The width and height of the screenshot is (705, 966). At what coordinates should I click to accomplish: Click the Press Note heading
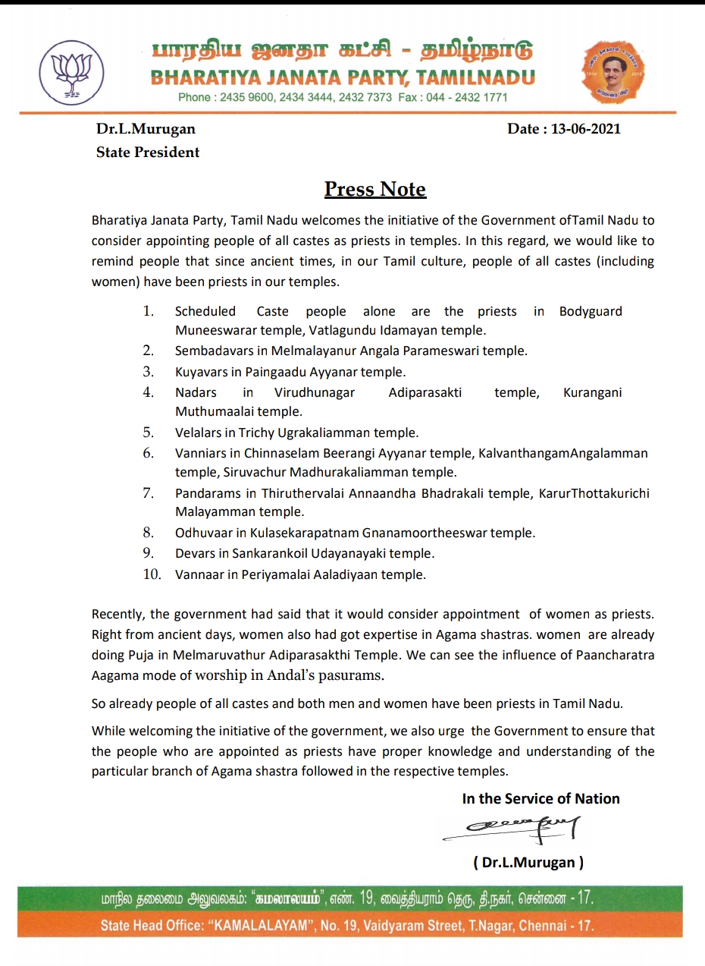tap(375, 189)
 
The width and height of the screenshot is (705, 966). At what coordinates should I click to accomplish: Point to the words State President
tap(147, 152)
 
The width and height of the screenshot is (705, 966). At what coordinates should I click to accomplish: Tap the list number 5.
tap(149, 433)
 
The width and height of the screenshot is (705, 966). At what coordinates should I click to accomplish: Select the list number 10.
tap(152, 574)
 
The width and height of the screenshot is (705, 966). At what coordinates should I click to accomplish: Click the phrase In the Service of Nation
tap(540, 798)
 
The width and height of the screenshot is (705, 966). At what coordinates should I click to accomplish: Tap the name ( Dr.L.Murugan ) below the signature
tap(528, 862)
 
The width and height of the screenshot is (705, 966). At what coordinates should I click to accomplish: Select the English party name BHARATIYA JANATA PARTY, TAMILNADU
tap(343, 77)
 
